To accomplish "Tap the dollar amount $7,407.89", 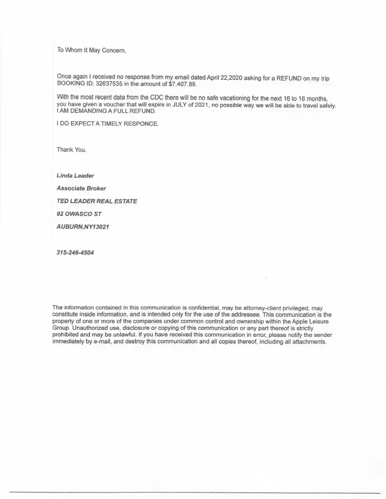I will pyautogui.click(x=183, y=84).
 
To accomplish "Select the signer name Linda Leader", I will pyautogui.click(x=75, y=176).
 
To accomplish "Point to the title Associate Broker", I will pyautogui.click(x=81, y=189).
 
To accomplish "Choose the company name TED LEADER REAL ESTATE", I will pyautogui.click(x=97, y=201).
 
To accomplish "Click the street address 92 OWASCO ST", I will pyautogui.click(x=79, y=214).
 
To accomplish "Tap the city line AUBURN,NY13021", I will pyautogui.click(x=83, y=227).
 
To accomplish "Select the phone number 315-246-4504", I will pyautogui.click(x=75, y=252).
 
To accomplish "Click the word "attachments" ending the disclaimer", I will pyautogui.click(x=309, y=342).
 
